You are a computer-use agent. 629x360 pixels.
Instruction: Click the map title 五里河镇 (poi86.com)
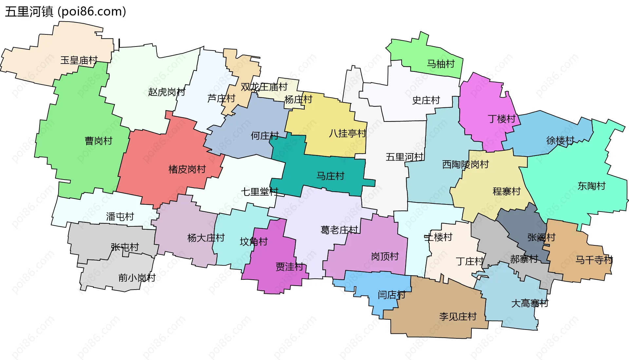[x=66, y=12]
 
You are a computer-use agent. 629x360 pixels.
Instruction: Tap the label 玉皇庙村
[x=79, y=60]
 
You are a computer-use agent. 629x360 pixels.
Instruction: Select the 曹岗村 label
[x=98, y=141]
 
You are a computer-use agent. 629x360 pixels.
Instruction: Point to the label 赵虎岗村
[x=166, y=92]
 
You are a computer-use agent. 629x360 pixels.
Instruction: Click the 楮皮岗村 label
[x=187, y=169]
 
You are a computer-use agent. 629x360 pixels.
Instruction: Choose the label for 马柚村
[x=441, y=64]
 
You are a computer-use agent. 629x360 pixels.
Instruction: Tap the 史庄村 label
[x=426, y=100]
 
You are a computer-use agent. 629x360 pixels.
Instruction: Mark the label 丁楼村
[x=502, y=119]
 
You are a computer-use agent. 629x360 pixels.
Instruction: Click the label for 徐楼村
[x=560, y=141]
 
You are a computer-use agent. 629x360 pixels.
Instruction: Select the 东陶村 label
[x=591, y=186]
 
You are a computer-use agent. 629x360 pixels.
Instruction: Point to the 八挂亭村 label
[x=347, y=134]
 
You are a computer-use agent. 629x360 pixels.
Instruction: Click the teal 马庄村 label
[x=330, y=176]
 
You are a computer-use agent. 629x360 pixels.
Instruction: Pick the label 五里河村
[x=405, y=157]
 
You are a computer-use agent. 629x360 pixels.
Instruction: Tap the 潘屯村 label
[x=120, y=217]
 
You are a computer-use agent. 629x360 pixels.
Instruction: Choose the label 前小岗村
[x=137, y=278]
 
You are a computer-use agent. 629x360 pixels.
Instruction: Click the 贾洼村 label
[x=290, y=267]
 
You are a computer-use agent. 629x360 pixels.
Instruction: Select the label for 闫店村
[x=391, y=295]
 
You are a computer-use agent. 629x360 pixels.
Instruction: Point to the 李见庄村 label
[x=458, y=316]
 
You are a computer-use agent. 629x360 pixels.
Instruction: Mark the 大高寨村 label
[x=530, y=303]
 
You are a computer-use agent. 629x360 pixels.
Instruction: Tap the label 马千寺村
[x=594, y=260]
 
